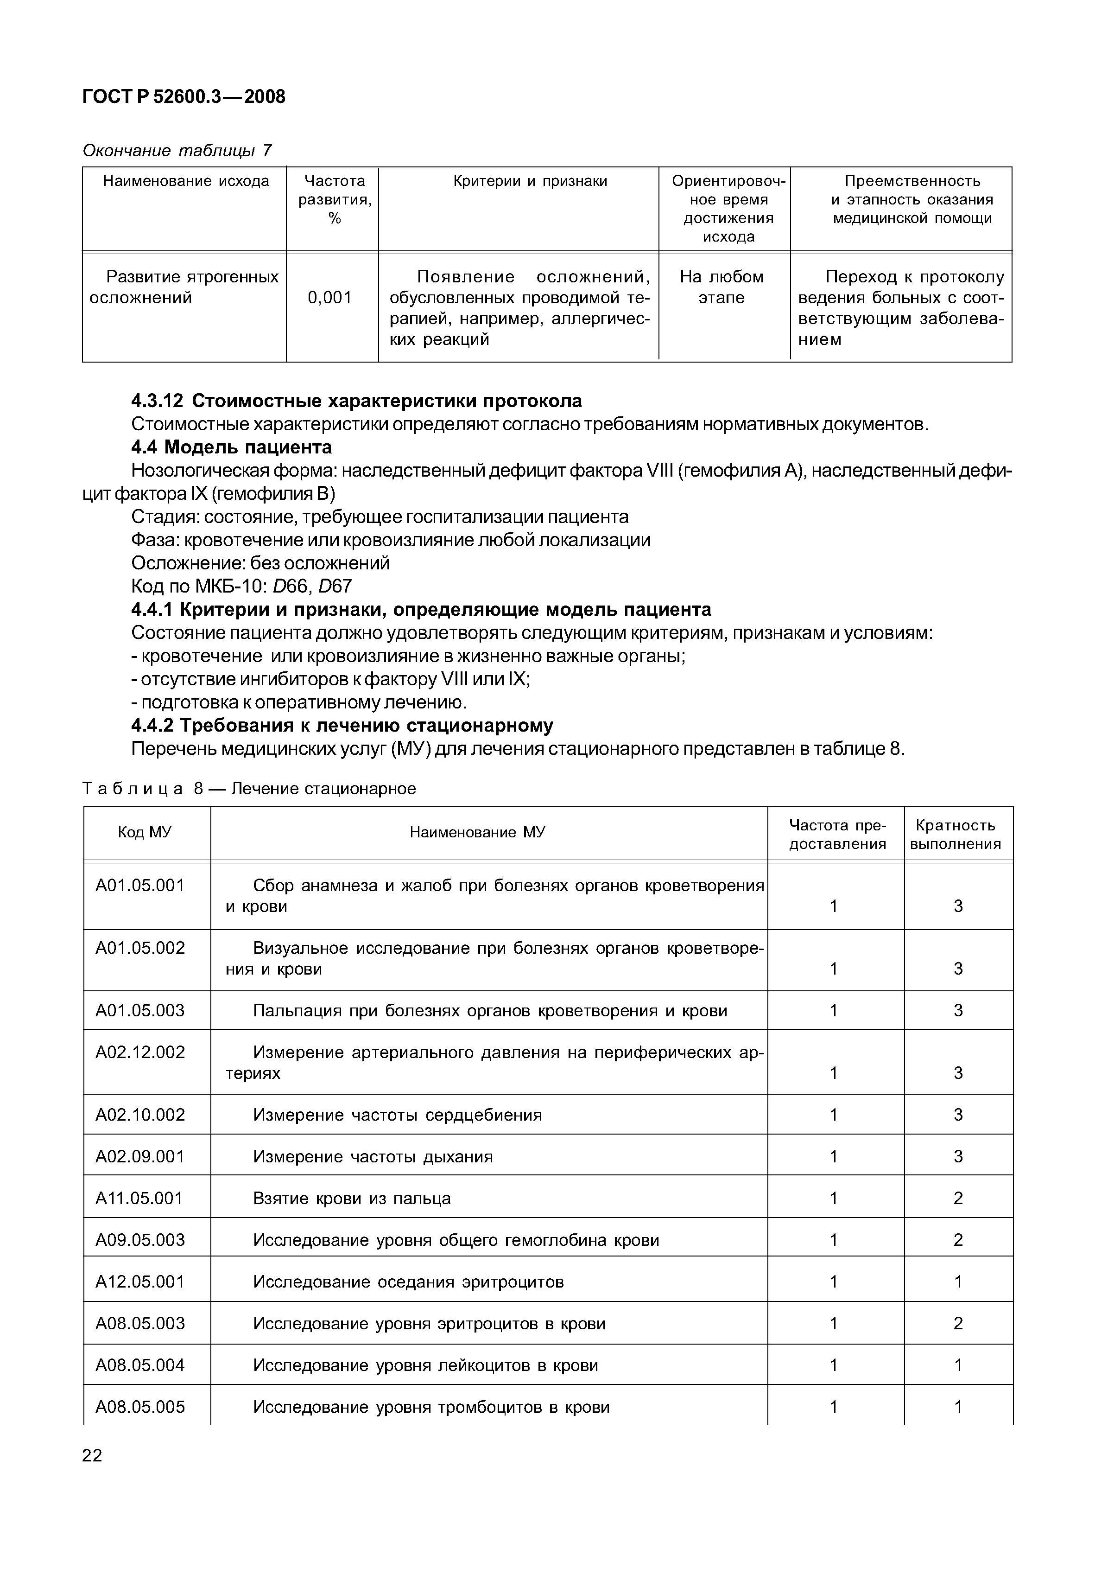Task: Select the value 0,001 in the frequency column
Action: (x=329, y=298)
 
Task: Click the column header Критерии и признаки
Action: (x=530, y=181)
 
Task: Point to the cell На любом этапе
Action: (x=722, y=287)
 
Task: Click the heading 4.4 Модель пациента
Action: (x=231, y=447)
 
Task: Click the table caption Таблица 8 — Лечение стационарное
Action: (x=249, y=789)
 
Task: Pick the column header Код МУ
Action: (x=145, y=832)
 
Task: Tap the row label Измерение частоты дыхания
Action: (x=373, y=1157)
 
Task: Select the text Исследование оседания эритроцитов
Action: (x=408, y=1282)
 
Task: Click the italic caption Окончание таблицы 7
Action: (x=177, y=150)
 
